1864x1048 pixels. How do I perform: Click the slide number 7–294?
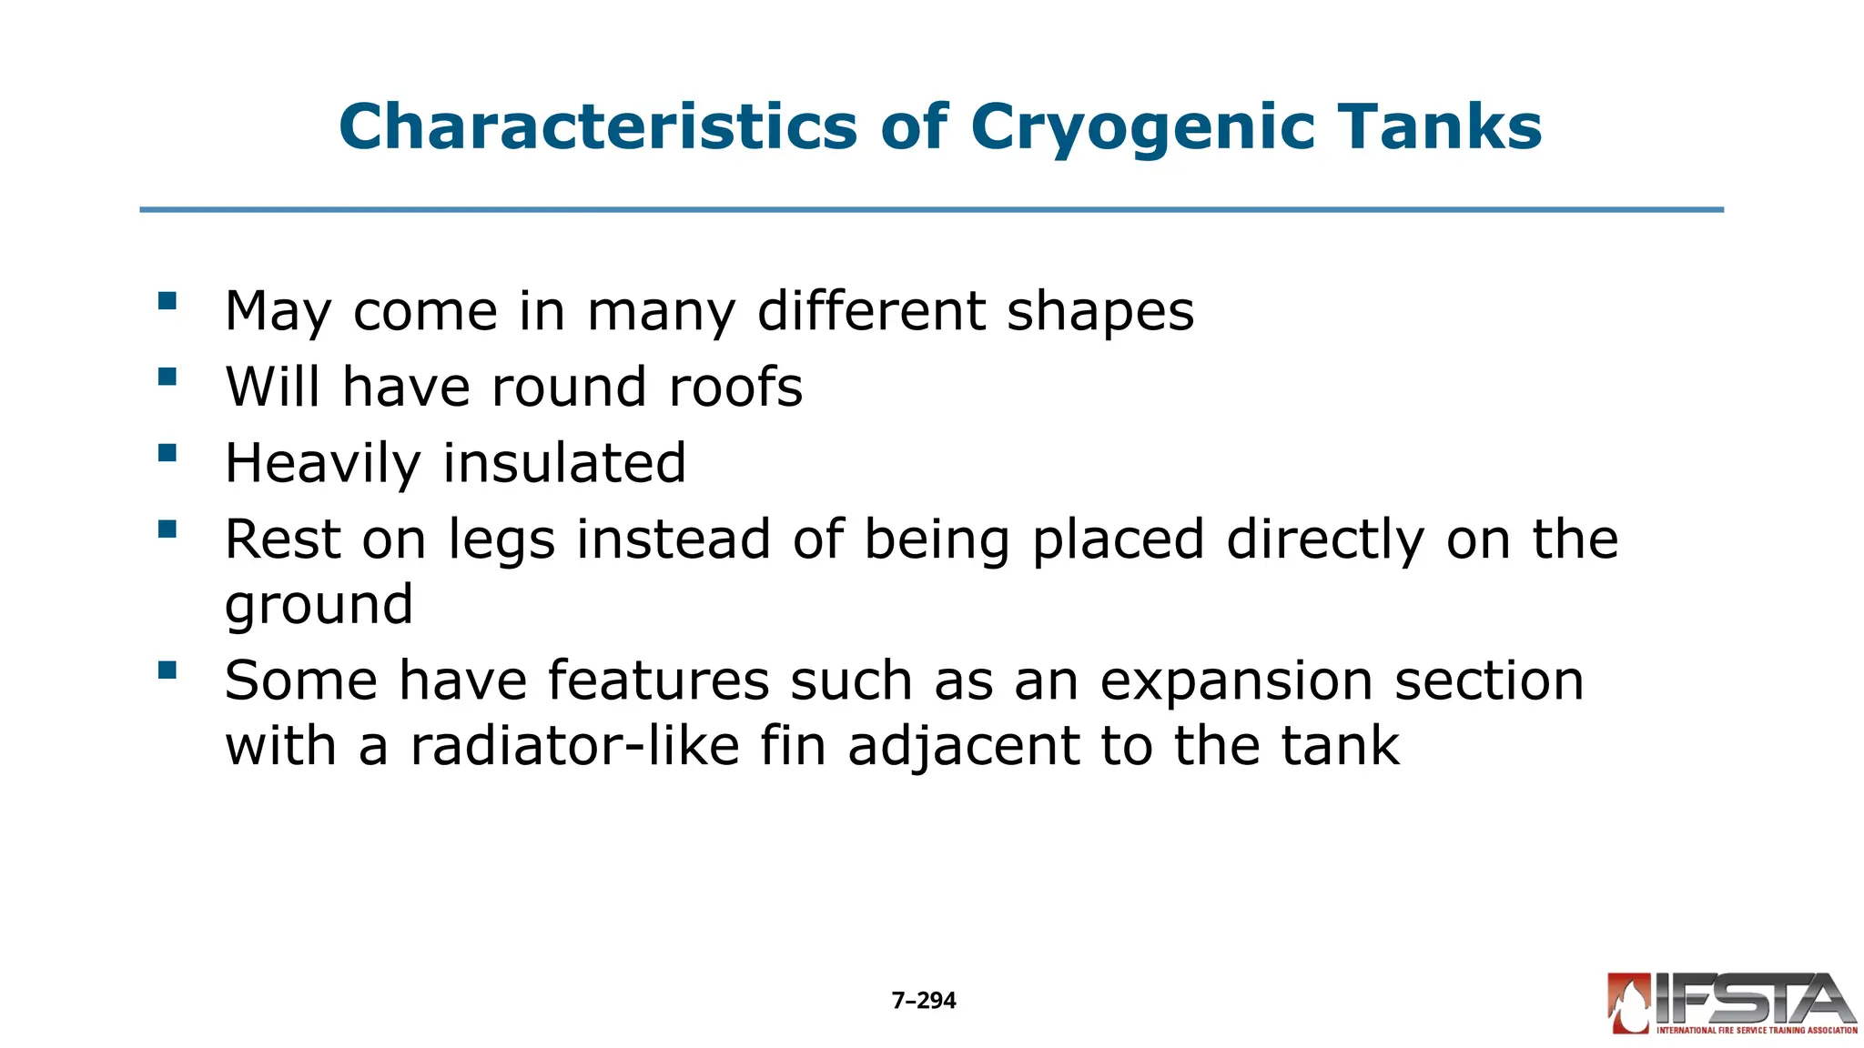point(924,1001)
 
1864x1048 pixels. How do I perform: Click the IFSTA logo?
point(1732,1003)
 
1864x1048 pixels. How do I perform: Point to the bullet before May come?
point(167,301)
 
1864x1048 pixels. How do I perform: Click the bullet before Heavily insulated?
point(167,453)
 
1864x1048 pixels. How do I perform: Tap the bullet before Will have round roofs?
point(167,377)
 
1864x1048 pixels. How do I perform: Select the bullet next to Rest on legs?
point(167,529)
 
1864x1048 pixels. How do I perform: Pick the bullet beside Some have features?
point(167,670)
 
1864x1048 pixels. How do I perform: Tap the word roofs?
point(735,388)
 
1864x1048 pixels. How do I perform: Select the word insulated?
point(564,463)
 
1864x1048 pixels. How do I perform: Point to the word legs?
point(501,541)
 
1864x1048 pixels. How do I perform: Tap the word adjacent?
point(963,748)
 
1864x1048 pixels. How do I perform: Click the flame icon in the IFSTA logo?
point(1629,1004)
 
